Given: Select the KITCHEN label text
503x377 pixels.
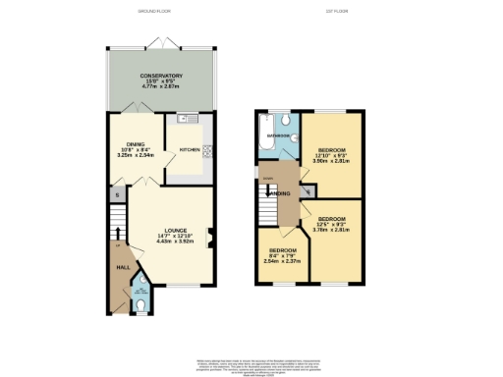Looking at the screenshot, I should [190, 150].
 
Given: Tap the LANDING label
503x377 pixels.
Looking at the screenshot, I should [281, 193].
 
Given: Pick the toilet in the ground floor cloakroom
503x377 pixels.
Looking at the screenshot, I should [143, 305].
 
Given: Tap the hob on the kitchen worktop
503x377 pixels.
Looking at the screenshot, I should [208, 150].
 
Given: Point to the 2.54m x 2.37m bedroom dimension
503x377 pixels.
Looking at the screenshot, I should [282, 261].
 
